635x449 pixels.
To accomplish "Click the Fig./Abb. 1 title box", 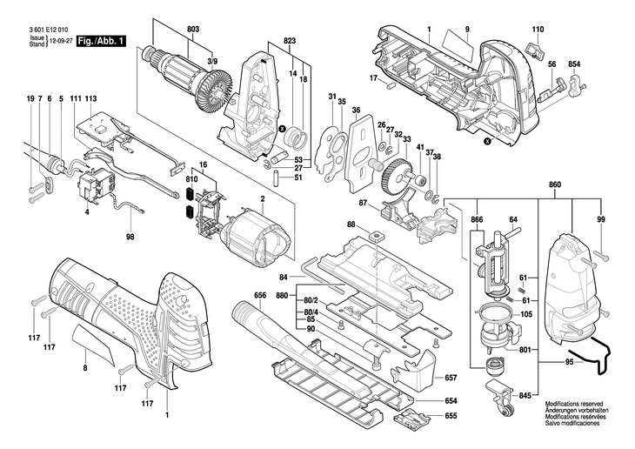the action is coord(101,41).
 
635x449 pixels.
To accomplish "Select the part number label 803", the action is coord(193,30).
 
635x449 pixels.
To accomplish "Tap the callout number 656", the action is coord(260,295).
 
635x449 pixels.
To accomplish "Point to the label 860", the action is coord(555,184).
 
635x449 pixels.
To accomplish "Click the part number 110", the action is coord(538,30).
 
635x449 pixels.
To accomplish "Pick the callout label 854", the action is coord(574,64).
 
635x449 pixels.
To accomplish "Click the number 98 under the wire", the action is coord(130,237).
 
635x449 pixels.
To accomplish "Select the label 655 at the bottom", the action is coord(451,416).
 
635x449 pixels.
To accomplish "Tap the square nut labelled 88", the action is coord(378,235).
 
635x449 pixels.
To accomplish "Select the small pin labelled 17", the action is coord(391,85).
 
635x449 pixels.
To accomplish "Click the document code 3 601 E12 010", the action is coord(49,30).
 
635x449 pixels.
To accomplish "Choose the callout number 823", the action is coord(290,41).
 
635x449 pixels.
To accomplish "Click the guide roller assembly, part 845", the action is coord(499,396).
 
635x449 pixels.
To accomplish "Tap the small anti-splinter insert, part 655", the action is coord(412,417).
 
